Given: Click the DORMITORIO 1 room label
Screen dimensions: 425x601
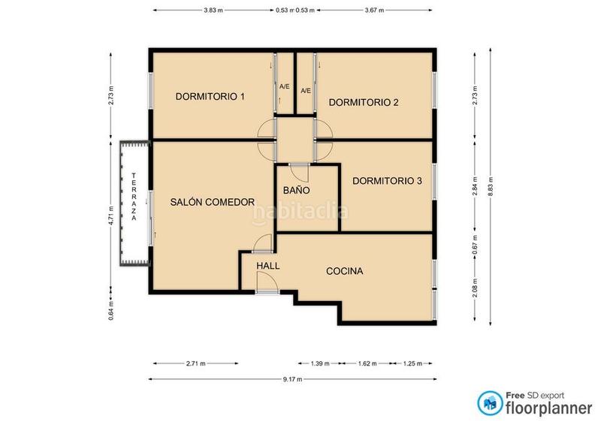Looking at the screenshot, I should pos(210,96).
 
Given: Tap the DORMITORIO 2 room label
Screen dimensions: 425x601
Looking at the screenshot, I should pos(364,103).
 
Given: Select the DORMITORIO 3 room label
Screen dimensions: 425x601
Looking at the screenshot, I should pos(387,180).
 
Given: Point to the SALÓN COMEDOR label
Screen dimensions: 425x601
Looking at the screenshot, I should pos(213,201).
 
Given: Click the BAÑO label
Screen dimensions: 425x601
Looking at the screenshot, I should pos(296,191).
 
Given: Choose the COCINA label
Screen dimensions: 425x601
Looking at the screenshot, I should pos(345,271).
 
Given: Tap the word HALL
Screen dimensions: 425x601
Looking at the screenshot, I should pos(267,266).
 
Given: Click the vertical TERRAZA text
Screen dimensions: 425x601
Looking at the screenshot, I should pos(134,197).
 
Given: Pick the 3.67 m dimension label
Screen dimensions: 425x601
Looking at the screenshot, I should pos(373,11).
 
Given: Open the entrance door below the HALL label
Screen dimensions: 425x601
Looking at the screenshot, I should pos(264,283).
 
